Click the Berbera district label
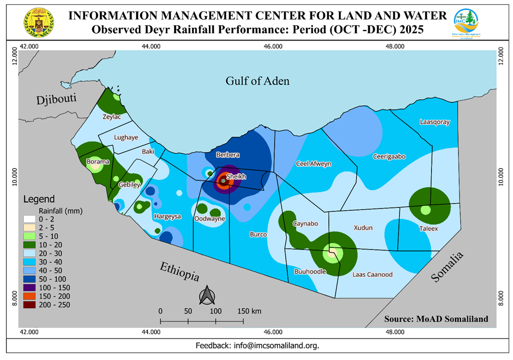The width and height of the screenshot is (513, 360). pos(228,155)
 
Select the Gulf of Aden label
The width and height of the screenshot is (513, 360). pos(258,81)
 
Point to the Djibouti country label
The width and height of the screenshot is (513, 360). pos(57,99)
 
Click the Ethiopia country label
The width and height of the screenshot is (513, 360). pos(180,271)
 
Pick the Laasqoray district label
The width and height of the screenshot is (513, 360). pos(435,122)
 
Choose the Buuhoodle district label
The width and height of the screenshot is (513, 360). pos(310,272)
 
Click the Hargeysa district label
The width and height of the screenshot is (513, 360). pos(167,216)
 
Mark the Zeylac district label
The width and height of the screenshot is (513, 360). pos(112,117)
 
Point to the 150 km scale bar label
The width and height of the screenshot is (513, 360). pos(249,311)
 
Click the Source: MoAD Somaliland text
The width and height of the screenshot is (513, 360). pos(436,319)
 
